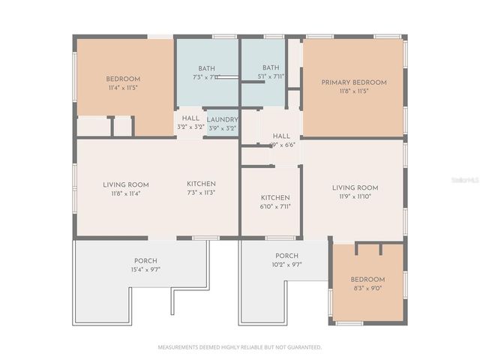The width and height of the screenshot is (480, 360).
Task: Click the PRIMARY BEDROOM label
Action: coord(354,82)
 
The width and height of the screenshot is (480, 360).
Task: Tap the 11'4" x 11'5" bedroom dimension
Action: coord(122,88)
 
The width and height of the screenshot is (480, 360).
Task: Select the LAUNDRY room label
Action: coord(222,119)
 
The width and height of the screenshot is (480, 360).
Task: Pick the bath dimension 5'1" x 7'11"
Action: coord(271,76)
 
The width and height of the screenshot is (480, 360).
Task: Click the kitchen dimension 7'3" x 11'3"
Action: coord(201,193)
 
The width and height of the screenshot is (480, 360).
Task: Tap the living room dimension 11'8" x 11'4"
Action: coord(125,193)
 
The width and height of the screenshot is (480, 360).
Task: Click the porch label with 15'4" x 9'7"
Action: coord(145,261)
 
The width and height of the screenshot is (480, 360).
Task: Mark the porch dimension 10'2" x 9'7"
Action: coord(286,265)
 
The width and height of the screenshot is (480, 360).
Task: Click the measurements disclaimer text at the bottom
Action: coord(239,347)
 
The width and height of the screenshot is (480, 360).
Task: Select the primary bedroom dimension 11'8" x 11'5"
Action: coord(354,91)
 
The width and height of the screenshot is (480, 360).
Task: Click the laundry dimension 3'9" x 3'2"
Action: coord(222,128)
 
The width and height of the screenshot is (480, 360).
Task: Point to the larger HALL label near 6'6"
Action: coord(281,136)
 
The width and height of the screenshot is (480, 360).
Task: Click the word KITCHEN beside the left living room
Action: coord(201,184)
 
